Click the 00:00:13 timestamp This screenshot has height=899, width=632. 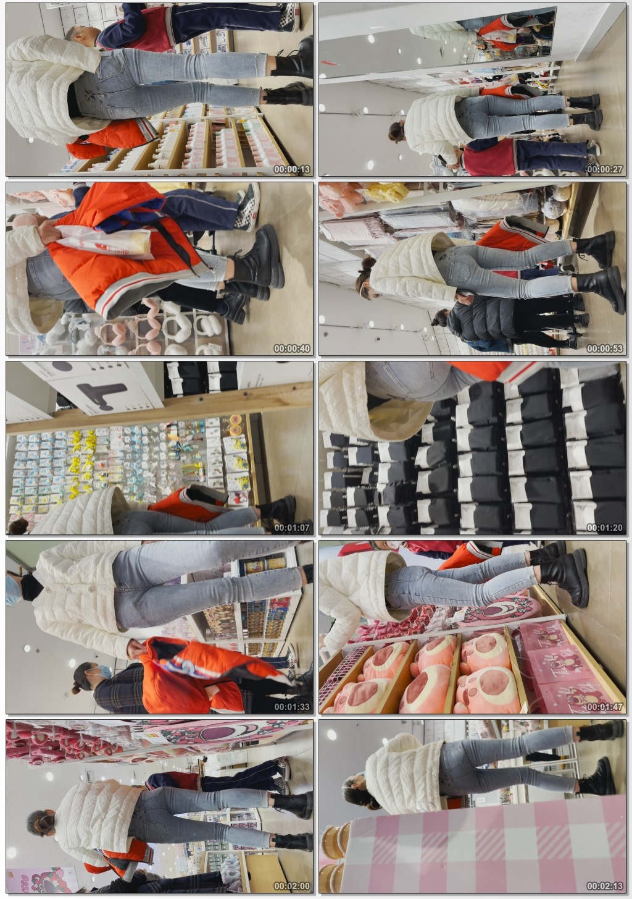[292, 169]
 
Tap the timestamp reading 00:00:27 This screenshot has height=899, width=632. [605, 169]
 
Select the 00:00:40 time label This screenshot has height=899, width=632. [292, 348]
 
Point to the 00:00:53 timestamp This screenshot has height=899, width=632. [605, 348]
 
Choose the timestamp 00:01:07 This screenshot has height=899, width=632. [292, 528]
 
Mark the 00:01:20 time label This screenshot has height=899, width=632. [605, 528]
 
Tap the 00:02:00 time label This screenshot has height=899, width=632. [292, 886]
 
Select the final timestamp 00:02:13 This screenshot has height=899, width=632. [605, 886]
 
